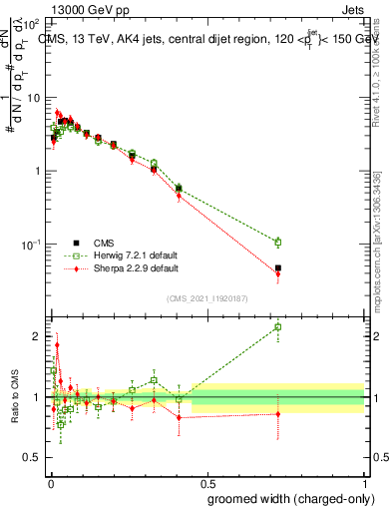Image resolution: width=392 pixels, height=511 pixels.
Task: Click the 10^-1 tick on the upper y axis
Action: (34, 245)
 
